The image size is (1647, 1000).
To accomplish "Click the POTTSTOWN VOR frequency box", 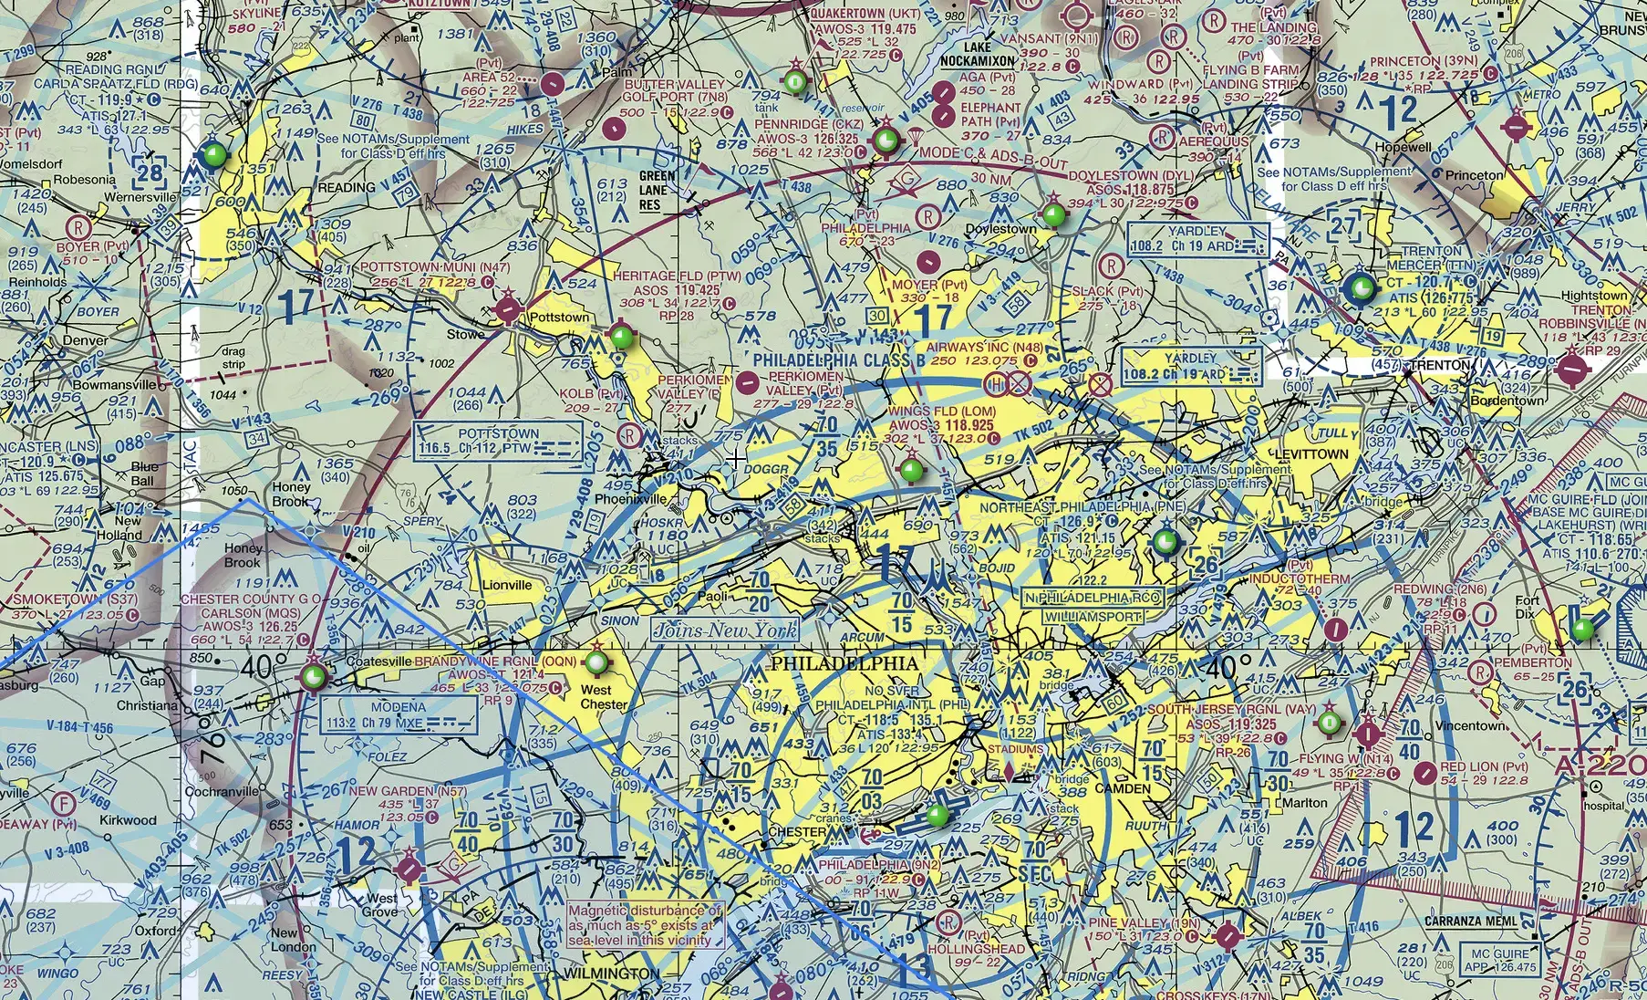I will [x=499, y=441].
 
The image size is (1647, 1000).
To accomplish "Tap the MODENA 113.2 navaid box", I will [x=399, y=714].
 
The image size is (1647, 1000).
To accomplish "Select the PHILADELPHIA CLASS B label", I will [x=833, y=359].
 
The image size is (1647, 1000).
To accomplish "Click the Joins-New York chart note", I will [x=725, y=630].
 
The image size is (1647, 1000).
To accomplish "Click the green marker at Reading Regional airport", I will [x=214, y=154].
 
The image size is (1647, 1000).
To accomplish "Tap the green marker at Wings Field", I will [x=911, y=471].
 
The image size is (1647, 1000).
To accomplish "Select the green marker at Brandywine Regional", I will [x=596, y=661].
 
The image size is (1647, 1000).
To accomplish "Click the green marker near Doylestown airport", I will [x=1054, y=215].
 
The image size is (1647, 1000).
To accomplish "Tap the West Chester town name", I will [x=603, y=697].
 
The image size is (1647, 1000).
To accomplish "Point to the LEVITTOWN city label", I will [x=1311, y=453].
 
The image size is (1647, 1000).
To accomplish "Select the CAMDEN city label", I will [x=1123, y=788].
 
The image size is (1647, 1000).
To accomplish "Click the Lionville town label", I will [x=507, y=585].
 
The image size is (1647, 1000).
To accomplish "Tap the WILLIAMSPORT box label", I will [x=1092, y=617].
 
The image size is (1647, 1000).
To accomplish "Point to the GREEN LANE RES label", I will [x=657, y=190].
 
